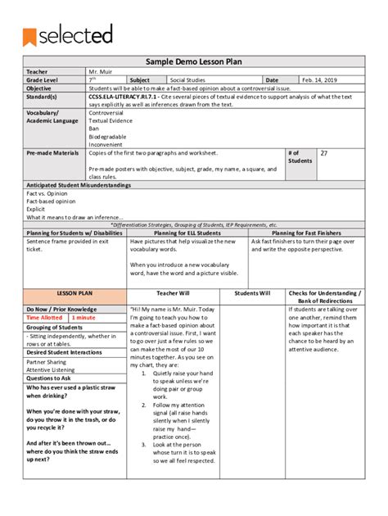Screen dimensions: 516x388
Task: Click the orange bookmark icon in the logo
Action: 31,34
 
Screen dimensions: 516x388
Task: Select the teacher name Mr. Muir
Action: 102,72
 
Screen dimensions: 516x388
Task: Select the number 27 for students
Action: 324,153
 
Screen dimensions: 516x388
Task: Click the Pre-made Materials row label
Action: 52,153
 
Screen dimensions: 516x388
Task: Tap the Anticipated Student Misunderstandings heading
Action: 79,186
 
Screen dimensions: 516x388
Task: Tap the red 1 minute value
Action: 83,317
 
